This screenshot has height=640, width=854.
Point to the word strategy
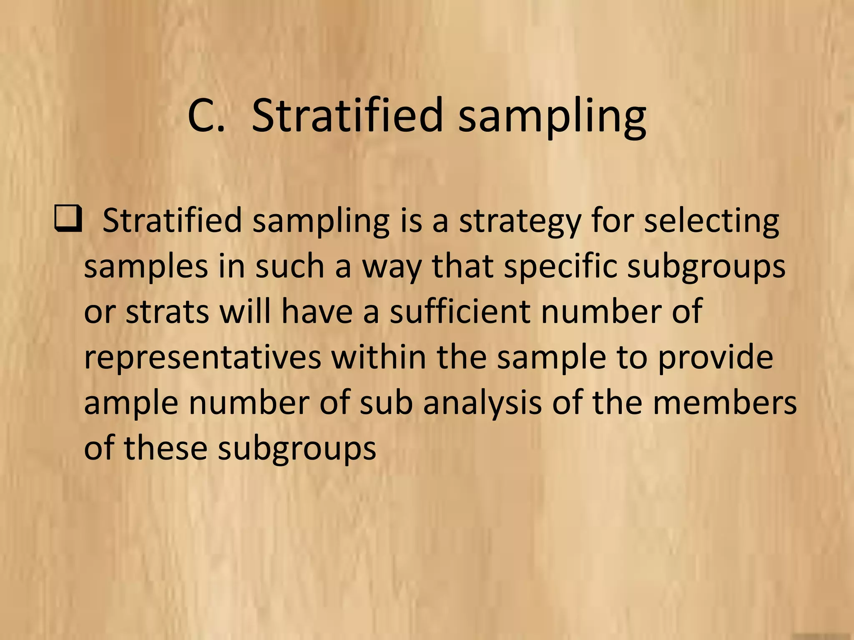point(520,222)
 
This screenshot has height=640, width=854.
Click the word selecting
point(711,222)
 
